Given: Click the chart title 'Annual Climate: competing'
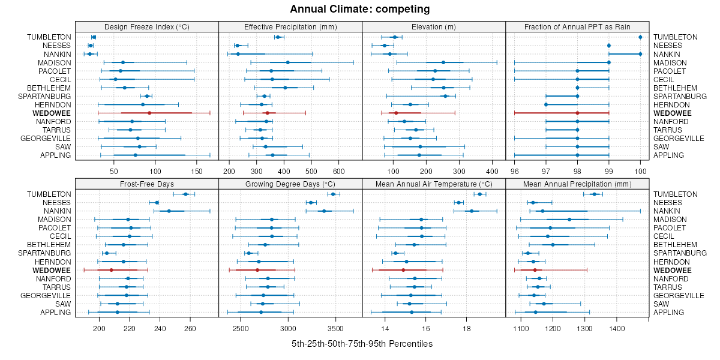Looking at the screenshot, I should click(360, 9).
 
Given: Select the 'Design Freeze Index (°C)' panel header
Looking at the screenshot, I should click(147, 26).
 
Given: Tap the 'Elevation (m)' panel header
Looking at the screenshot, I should click(434, 26).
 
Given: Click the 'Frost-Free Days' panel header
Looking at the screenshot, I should click(147, 184).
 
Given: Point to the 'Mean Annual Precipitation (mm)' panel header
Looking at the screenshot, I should click(577, 184).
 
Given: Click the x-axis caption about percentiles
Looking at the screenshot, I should click(362, 344).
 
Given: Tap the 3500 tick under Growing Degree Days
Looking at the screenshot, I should click(335, 329).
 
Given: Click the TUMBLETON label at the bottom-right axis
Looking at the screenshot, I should click(676, 194).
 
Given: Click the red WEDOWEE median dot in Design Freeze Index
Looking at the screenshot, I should click(149, 113).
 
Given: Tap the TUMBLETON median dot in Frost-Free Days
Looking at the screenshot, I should click(185, 194).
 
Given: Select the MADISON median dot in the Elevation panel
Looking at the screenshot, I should click(443, 62).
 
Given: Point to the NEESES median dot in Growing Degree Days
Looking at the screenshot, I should click(311, 203).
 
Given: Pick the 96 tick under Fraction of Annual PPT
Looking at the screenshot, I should click(514, 172).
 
